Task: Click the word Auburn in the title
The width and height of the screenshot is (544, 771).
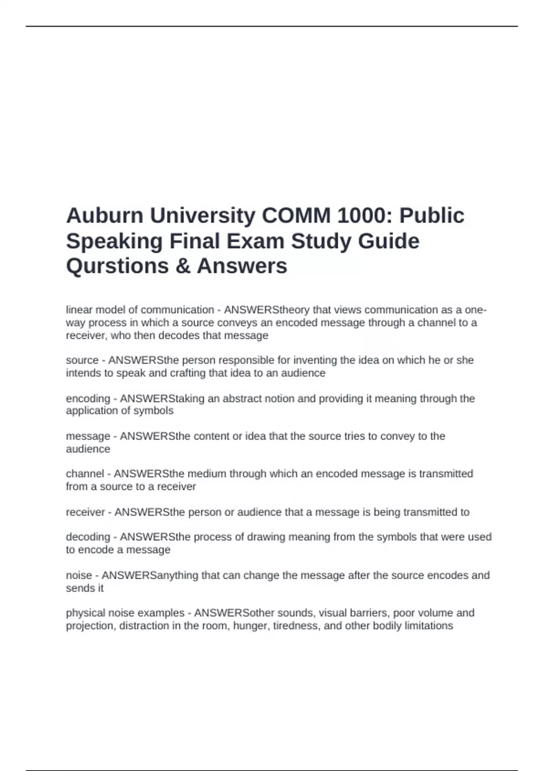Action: click(105, 215)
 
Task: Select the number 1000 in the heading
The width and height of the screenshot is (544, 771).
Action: click(360, 215)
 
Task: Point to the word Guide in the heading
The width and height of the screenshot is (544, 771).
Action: click(389, 241)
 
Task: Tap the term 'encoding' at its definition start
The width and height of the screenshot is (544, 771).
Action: click(88, 399)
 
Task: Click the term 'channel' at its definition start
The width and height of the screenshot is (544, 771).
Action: click(85, 473)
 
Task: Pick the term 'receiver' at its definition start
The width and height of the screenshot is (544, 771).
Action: click(85, 512)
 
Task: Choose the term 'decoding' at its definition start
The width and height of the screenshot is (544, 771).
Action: click(88, 537)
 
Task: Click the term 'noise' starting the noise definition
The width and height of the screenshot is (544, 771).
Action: click(79, 575)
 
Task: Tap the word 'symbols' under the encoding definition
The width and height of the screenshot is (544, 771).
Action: click(154, 411)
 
